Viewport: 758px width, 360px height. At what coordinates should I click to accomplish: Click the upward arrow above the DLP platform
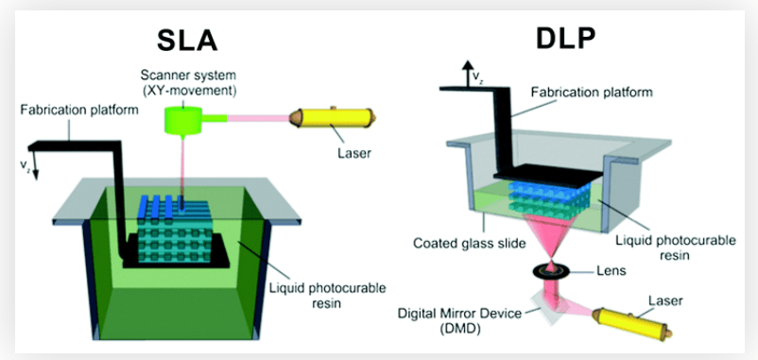click(x=467, y=68)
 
